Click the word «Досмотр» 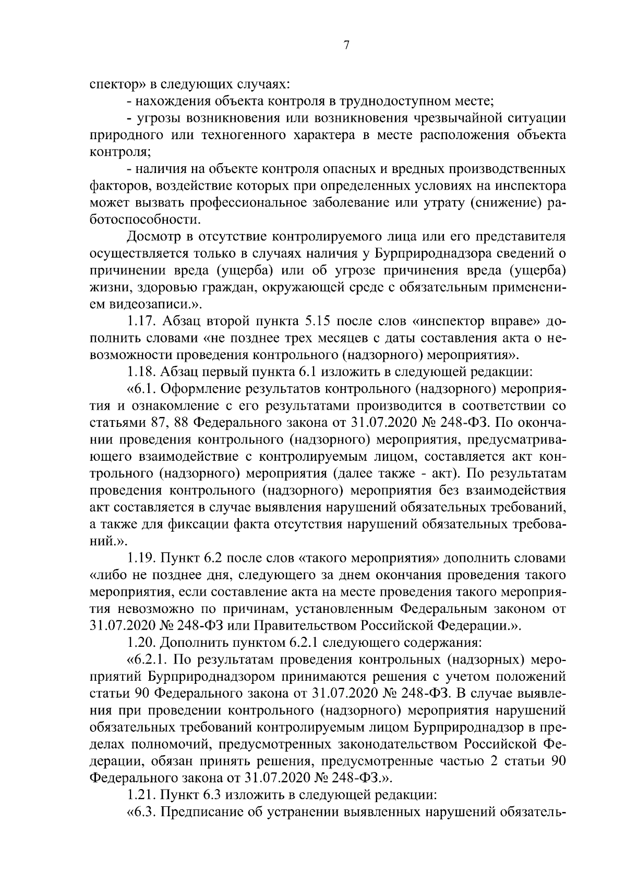(x=155, y=237)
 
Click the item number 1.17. (x=141, y=322)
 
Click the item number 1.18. (x=141, y=372)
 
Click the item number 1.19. (x=141, y=558)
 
